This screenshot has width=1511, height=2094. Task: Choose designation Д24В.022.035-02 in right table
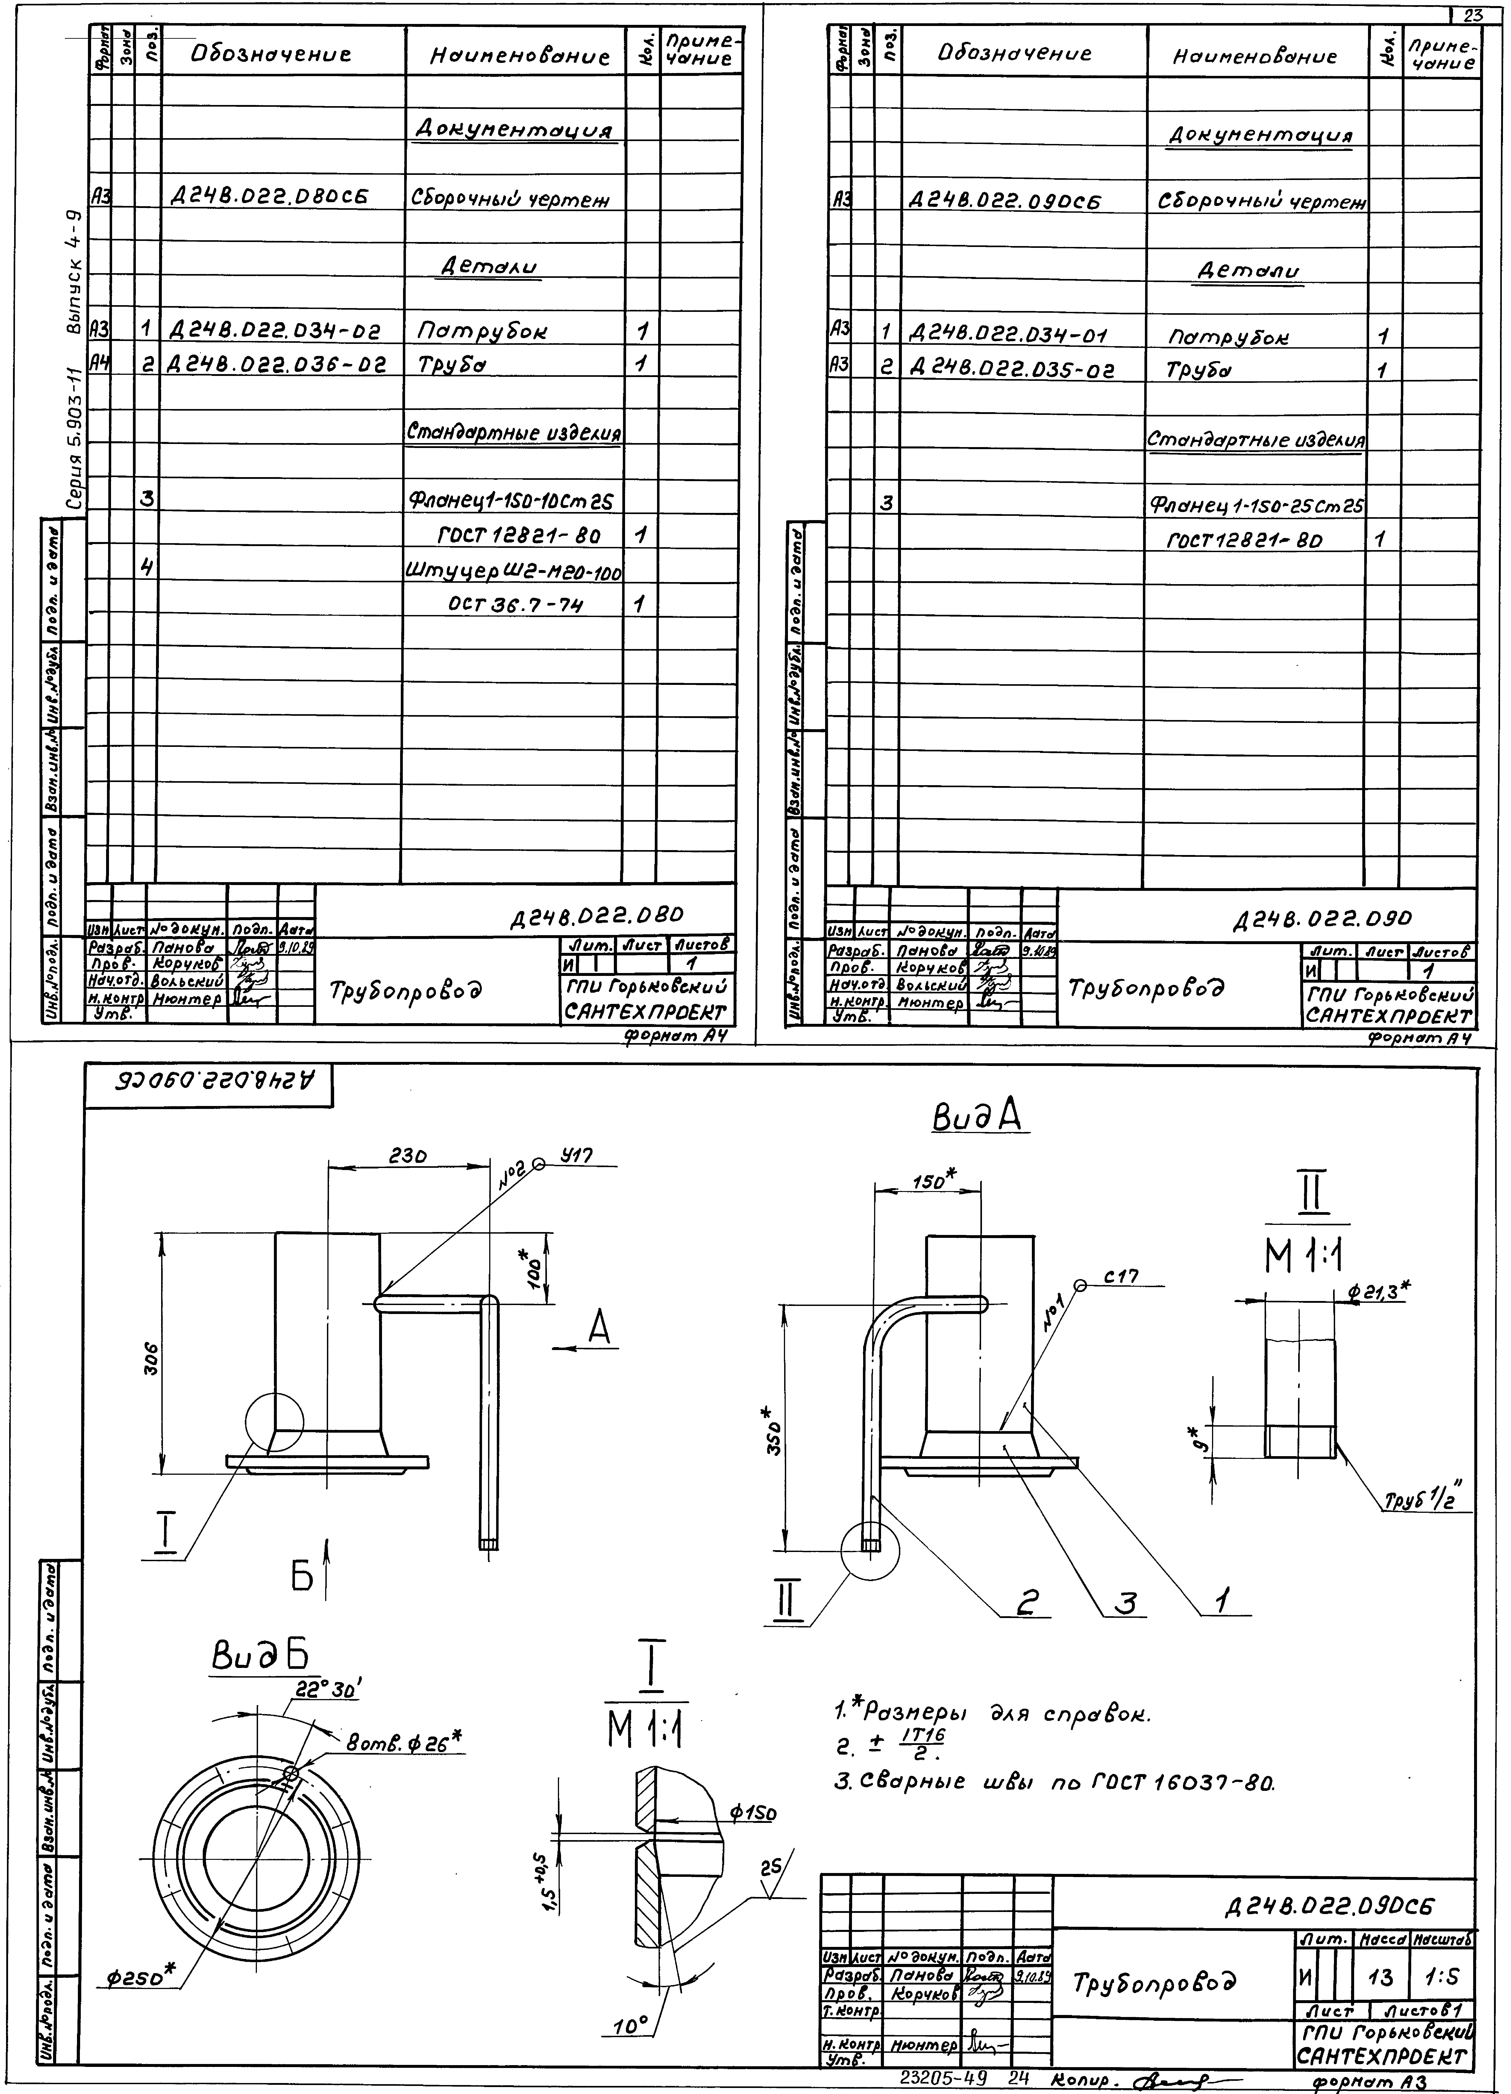click(1013, 371)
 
